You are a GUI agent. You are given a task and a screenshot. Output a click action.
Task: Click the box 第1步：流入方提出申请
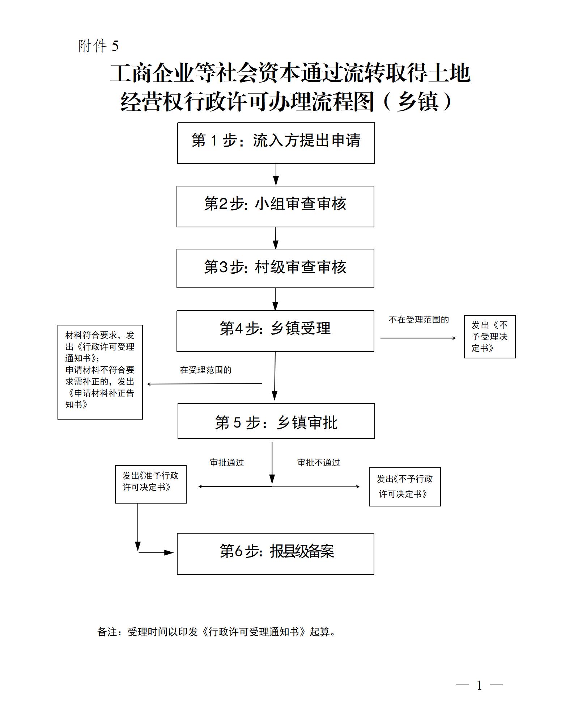point(276,143)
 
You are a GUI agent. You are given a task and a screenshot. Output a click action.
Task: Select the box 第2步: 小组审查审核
point(275,206)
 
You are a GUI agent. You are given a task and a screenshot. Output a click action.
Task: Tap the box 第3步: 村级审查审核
point(275,268)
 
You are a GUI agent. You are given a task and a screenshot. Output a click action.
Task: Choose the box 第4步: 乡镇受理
point(275,331)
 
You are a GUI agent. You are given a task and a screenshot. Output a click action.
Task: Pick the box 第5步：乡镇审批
point(276,421)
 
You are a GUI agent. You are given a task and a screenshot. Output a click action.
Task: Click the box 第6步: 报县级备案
point(275,554)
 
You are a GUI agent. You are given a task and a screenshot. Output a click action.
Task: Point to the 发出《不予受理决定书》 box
point(490,337)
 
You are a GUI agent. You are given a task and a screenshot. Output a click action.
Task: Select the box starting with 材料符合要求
point(100,372)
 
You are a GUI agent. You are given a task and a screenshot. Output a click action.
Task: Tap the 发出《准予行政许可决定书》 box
point(150,484)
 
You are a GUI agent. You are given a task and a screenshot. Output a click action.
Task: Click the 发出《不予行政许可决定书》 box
point(405,487)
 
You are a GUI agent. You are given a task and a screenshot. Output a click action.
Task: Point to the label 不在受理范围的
point(418,320)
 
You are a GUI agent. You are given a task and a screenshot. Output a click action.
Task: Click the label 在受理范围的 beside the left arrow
point(205,370)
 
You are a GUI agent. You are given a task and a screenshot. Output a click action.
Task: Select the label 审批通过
point(227,463)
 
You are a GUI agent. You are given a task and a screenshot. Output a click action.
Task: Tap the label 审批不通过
point(319,463)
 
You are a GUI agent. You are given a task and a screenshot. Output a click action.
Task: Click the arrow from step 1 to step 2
point(276,174)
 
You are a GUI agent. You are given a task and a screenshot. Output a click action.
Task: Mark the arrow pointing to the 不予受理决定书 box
point(418,338)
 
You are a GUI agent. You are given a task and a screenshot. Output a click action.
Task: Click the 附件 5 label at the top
point(98,46)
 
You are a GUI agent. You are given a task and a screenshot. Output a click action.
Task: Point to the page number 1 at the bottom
point(479,685)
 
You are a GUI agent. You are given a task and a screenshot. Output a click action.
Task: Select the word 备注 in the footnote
point(107,632)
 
